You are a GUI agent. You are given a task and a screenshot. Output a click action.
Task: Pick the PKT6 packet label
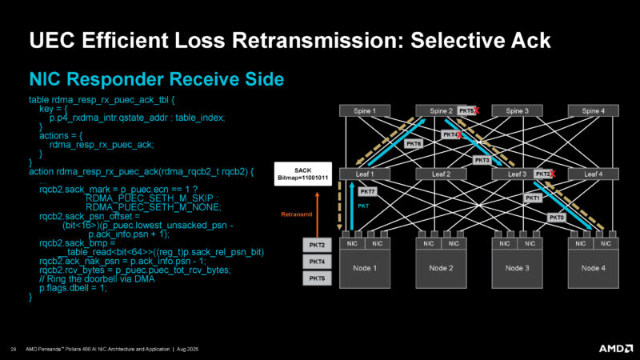click(414, 143)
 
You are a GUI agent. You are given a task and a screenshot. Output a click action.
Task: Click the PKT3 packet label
click(482, 160)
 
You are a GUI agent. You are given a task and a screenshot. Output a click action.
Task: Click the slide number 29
click(14, 349)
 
